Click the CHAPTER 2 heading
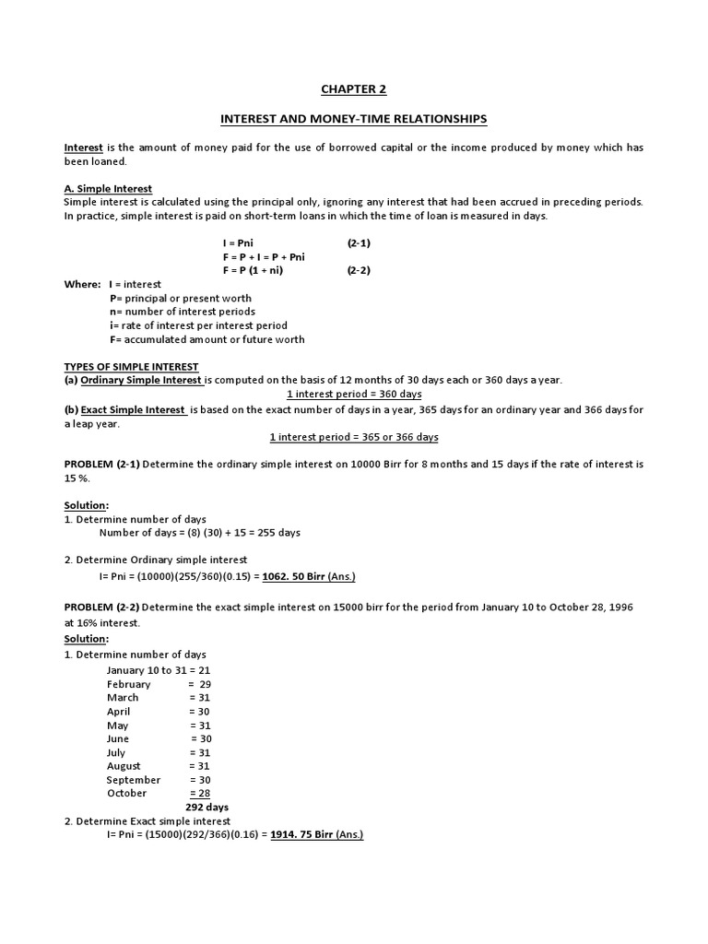coord(353,88)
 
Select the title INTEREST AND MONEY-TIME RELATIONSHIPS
coord(353,119)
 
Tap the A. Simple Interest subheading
coord(108,189)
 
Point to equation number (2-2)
coord(359,271)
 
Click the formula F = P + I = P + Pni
coord(264,256)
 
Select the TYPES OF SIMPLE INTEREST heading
coord(131,366)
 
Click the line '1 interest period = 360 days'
coord(354,394)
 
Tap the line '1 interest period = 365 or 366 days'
coord(354,436)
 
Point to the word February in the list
coord(128,684)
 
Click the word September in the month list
coord(133,780)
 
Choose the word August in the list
coord(124,766)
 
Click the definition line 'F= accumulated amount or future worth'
coord(206,339)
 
